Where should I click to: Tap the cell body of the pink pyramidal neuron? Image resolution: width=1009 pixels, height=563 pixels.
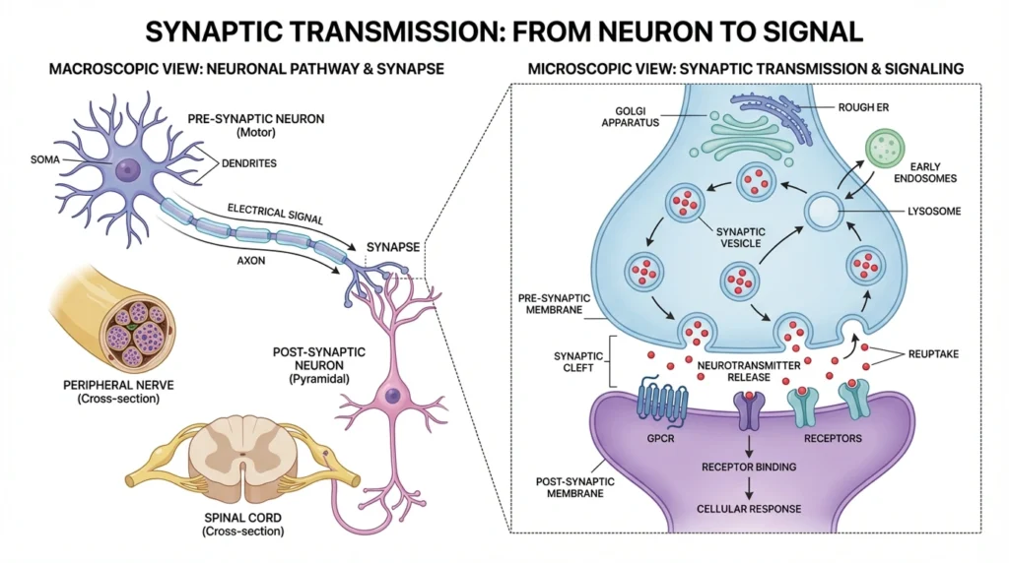coord(393,396)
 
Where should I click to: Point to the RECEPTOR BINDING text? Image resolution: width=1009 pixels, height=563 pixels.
coord(749,466)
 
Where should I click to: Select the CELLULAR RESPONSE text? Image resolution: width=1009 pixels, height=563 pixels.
coord(749,509)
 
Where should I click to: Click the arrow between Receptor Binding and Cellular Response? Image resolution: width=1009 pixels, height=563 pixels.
coord(749,487)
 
